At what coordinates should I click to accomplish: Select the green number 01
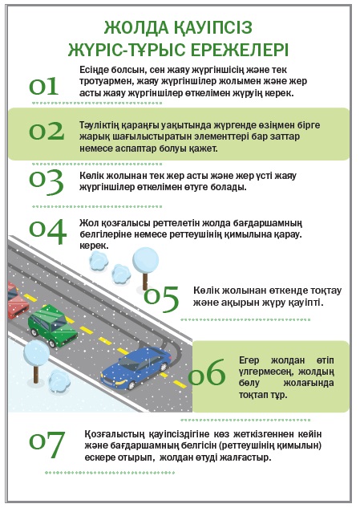(x=44, y=87)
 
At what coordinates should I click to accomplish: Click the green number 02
(x=47, y=131)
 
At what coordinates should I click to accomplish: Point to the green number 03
(x=47, y=182)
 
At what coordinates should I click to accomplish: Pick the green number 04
(x=47, y=232)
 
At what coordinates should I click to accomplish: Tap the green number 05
(x=161, y=299)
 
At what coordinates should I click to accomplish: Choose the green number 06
(x=207, y=372)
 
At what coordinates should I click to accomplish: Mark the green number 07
(x=47, y=444)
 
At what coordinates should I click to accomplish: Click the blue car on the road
(x=136, y=368)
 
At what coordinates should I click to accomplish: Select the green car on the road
(x=52, y=325)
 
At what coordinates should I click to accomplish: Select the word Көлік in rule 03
(x=90, y=176)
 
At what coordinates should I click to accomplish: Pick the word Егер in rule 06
(x=249, y=360)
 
